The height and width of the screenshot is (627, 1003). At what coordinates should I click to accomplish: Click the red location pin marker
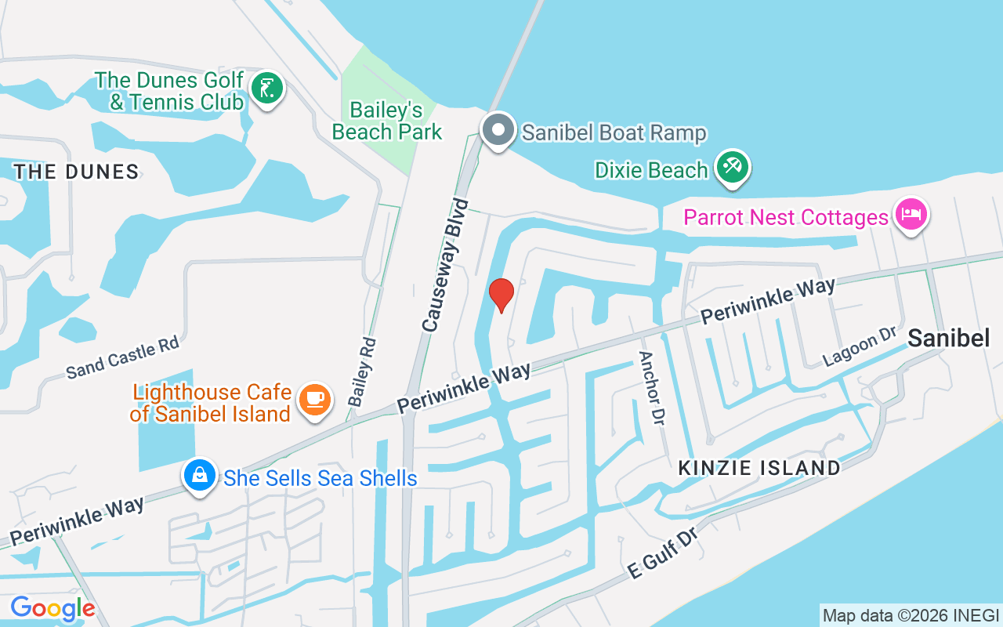501,295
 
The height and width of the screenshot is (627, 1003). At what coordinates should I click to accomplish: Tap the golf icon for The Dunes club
267,89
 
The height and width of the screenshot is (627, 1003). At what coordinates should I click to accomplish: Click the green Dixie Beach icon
733,168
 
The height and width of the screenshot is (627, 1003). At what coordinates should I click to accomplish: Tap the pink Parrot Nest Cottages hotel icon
911,214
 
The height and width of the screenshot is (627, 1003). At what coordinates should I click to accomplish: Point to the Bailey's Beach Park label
387,121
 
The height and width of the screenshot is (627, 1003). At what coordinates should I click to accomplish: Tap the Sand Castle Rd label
123,357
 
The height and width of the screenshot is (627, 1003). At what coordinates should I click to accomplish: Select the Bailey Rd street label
363,371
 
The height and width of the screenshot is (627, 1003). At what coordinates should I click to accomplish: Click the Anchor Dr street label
651,387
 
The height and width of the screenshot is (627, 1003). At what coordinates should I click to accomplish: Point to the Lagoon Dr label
859,346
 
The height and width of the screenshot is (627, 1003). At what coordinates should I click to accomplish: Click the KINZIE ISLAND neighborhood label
759,468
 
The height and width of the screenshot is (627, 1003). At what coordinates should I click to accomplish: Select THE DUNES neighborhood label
76,172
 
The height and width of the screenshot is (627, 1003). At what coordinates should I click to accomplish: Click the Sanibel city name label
948,338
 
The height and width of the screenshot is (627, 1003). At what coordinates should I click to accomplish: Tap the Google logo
53,608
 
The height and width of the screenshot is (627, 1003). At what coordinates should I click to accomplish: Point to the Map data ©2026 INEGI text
911,615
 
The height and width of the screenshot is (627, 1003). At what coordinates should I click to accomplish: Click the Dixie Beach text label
651,169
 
